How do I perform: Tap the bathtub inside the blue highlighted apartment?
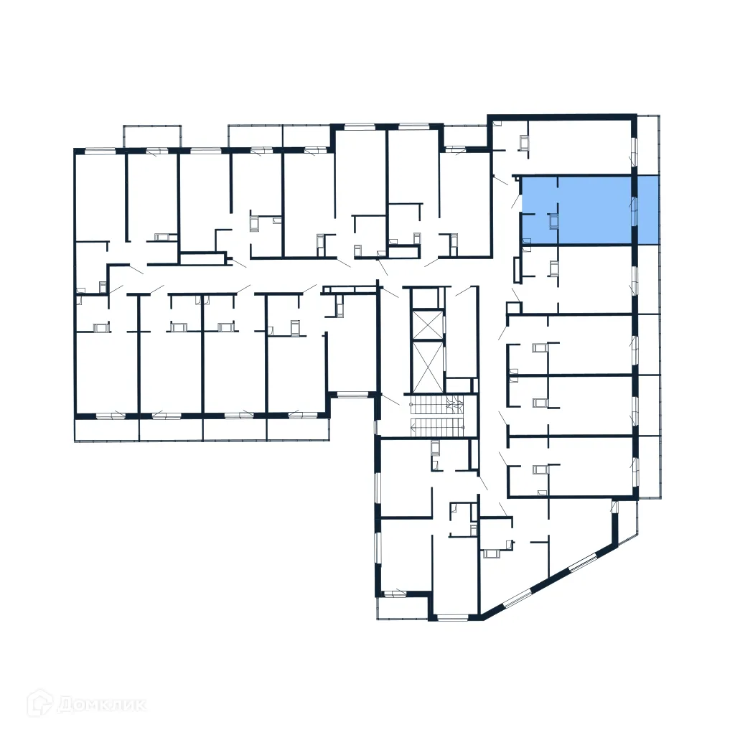pyautogui.click(x=553, y=221)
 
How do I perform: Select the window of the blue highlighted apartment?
pyautogui.click(x=634, y=210)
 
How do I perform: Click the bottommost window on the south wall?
pyautogui.click(x=451, y=617)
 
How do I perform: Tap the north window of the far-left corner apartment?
pyautogui.click(x=100, y=151)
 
